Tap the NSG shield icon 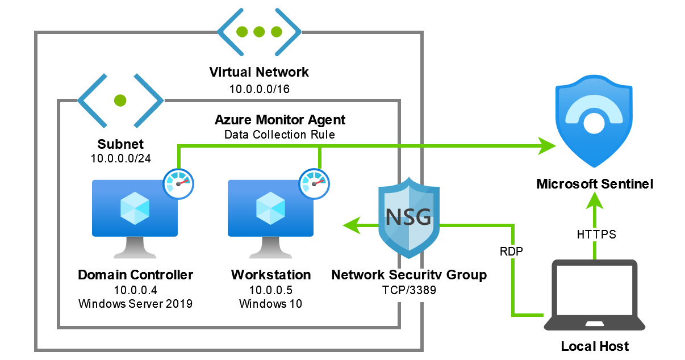click(x=408, y=215)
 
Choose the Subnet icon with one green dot click(x=120, y=101)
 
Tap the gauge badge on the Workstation click(x=315, y=183)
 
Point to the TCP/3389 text click(x=409, y=289)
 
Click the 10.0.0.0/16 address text click(x=259, y=89)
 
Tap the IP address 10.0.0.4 click(x=135, y=290)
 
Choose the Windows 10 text click(x=270, y=304)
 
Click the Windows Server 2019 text click(x=135, y=304)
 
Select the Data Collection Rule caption click(x=279, y=135)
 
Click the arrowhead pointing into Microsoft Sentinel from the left click(x=546, y=146)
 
